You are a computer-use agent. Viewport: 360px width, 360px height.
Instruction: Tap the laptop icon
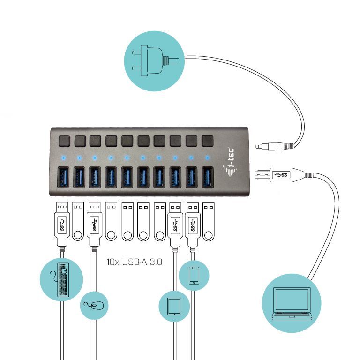coord(292,304)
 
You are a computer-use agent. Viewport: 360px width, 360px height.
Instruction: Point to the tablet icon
coord(174,306)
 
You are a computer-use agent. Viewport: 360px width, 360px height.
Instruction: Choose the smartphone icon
coord(194,275)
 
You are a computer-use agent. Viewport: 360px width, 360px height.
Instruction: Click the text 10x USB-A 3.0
coord(135,262)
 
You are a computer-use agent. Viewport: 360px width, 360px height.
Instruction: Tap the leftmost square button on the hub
coord(64,140)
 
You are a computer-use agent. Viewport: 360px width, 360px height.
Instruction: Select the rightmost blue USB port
coord(207,178)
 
